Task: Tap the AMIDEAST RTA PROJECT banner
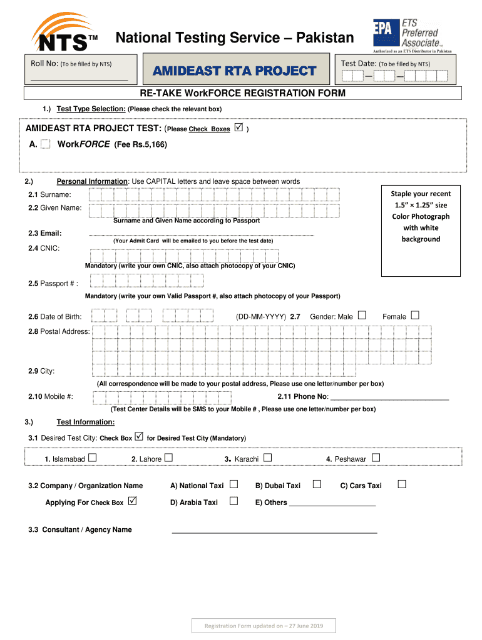pyautogui.click(x=235, y=71)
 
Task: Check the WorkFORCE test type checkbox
pyautogui.click(x=46, y=144)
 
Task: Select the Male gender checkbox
pyautogui.click(x=362, y=316)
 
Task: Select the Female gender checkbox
pyautogui.click(x=414, y=316)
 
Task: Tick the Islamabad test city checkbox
pyautogui.click(x=93, y=458)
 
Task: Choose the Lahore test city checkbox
pyautogui.click(x=168, y=458)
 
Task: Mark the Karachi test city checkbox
pyautogui.click(x=267, y=458)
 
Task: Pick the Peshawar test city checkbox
pyautogui.click(x=376, y=458)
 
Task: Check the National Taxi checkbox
pyautogui.click(x=233, y=484)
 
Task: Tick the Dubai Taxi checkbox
pyautogui.click(x=317, y=484)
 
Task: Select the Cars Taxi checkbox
pyautogui.click(x=402, y=484)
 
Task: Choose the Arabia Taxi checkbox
pyautogui.click(x=233, y=501)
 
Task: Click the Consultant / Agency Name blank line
pyautogui.click(x=274, y=531)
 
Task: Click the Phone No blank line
pyautogui.click(x=389, y=397)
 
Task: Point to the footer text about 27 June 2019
pyautogui.click(x=264, y=626)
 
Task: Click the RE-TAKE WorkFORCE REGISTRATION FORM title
pyautogui.click(x=242, y=93)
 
